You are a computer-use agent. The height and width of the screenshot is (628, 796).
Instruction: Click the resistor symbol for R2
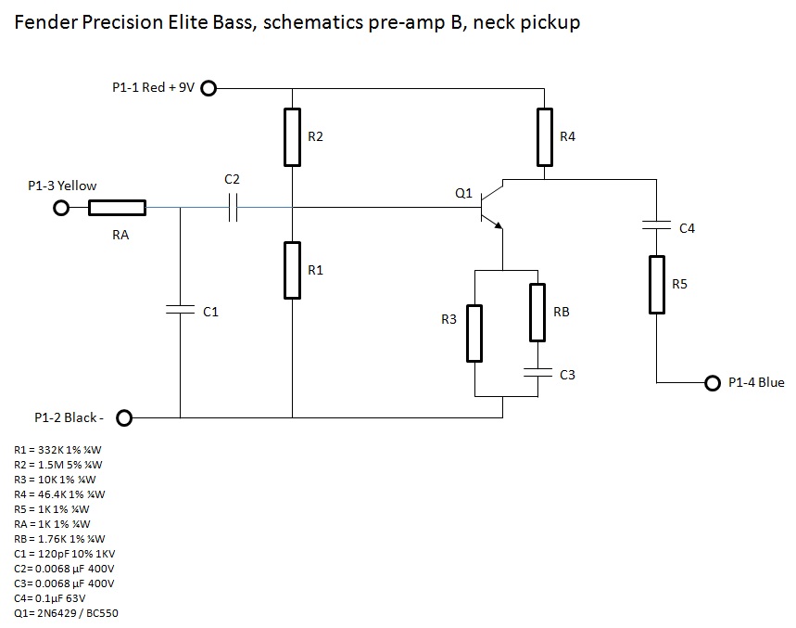(x=292, y=136)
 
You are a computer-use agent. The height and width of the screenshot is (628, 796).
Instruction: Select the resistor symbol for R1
(x=292, y=270)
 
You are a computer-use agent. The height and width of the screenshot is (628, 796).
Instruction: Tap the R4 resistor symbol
(x=545, y=136)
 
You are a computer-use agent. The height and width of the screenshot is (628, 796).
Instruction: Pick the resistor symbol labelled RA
(x=117, y=209)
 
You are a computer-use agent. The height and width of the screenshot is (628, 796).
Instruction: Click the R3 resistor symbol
(x=474, y=332)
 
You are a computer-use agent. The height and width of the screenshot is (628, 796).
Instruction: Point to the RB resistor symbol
(x=537, y=312)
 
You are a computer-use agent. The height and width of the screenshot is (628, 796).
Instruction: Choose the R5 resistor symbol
(x=656, y=284)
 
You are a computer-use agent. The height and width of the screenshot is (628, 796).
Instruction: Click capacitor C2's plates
(x=233, y=210)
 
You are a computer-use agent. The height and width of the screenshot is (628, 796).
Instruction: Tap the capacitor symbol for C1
(x=180, y=312)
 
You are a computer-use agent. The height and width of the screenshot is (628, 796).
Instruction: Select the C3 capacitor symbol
(x=537, y=373)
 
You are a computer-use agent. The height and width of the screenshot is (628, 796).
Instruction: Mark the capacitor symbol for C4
(x=656, y=225)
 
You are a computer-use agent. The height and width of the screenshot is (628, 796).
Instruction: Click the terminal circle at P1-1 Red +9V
(x=208, y=88)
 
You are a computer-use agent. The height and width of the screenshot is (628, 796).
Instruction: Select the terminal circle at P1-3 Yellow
(x=61, y=209)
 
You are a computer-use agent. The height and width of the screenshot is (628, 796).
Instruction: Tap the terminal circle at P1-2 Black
(x=124, y=417)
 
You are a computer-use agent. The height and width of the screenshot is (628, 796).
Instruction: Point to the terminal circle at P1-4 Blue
(x=713, y=382)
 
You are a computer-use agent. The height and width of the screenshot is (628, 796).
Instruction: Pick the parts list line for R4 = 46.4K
(x=60, y=494)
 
